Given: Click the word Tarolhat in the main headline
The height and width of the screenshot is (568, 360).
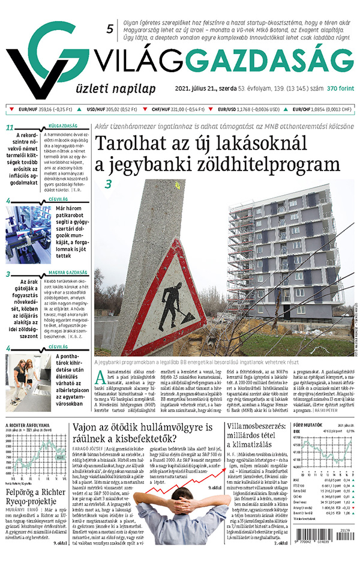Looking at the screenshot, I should point(136,145).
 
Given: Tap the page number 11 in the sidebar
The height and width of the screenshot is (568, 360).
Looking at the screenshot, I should point(9,127).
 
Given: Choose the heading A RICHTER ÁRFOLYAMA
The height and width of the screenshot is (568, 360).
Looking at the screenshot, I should point(27,425).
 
